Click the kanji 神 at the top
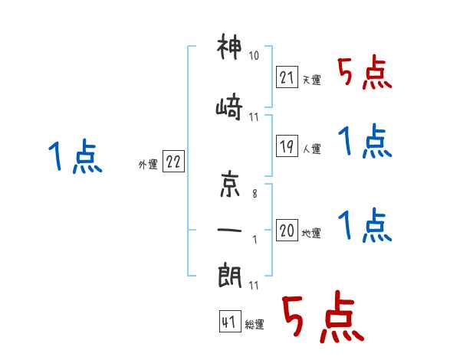(x=229, y=46)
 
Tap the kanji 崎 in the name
(x=229, y=106)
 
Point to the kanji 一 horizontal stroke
(x=229, y=230)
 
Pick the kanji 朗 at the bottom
(x=230, y=276)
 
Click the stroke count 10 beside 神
(x=254, y=55)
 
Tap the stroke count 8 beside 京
(x=255, y=194)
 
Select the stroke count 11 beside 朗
(x=254, y=285)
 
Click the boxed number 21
(x=287, y=77)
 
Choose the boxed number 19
(x=287, y=146)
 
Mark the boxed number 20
(x=287, y=230)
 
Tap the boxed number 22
(x=173, y=162)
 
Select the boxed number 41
(x=230, y=322)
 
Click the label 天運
(x=311, y=80)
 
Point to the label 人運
(x=311, y=149)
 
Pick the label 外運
(x=148, y=164)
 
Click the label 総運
(x=255, y=325)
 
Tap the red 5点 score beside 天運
(x=365, y=73)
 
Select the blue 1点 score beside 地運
(x=365, y=225)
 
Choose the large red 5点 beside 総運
(x=323, y=316)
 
